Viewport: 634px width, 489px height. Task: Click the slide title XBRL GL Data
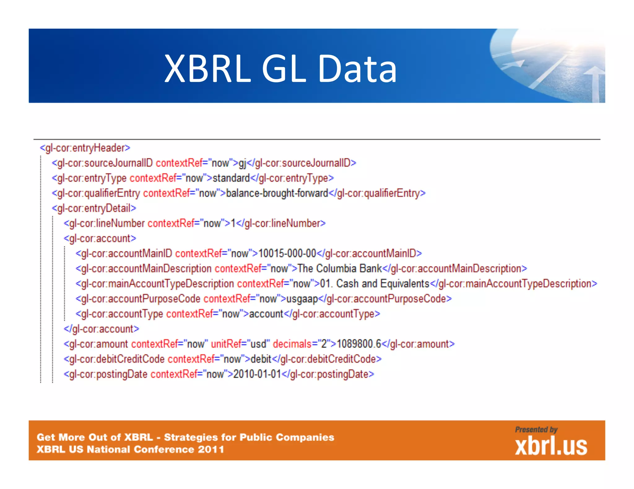click(280, 69)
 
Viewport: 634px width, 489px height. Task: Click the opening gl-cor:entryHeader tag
click(85, 148)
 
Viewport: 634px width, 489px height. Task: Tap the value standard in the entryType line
click(231, 178)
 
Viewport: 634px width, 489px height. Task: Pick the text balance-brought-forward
click(277, 193)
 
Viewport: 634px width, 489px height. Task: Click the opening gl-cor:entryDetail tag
click(94, 208)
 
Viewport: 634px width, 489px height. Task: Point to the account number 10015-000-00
click(287, 253)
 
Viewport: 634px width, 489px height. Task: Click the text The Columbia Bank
click(339, 269)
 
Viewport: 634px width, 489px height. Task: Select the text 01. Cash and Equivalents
click(375, 284)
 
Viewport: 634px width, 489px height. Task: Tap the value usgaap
click(302, 299)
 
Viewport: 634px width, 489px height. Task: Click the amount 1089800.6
click(359, 344)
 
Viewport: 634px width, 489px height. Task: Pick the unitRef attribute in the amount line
click(226, 344)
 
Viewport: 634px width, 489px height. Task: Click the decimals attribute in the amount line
click(292, 344)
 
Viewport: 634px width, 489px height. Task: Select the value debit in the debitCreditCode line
click(261, 359)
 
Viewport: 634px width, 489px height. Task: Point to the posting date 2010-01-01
click(257, 374)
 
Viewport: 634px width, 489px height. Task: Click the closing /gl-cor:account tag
click(102, 329)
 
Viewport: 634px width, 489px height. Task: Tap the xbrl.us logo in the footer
click(551, 446)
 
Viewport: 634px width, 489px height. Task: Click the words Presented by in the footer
click(536, 430)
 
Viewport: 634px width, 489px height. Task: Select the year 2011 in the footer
click(211, 449)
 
